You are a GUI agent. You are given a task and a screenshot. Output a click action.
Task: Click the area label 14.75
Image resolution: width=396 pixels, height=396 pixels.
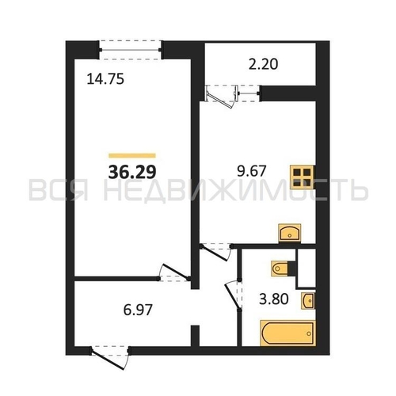(105, 79)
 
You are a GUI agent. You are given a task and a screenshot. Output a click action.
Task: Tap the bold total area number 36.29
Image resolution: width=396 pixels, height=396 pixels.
(132, 172)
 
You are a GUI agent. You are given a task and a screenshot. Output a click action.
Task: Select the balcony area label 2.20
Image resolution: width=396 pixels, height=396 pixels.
(263, 64)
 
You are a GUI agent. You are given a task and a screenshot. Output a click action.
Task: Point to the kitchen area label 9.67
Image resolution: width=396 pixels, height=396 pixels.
(251, 171)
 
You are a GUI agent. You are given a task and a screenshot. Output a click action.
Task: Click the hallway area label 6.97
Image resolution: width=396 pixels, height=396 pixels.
(138, 310)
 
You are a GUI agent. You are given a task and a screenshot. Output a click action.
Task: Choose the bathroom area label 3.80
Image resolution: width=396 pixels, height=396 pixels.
(273, 299)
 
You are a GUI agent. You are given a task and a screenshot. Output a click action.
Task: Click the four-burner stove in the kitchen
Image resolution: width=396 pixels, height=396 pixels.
(303, 177)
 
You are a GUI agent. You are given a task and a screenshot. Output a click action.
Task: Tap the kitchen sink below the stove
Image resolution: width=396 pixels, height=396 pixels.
(290, 232)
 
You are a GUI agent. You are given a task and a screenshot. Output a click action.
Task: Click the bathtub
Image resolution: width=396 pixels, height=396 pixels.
(287, 333)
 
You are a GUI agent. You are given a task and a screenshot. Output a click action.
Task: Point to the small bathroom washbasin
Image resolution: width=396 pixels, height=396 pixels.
(309, 300)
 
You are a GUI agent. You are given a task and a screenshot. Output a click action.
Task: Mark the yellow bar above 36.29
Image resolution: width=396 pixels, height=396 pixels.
(132, 155)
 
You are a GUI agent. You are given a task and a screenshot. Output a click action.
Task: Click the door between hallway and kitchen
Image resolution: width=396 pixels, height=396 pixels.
(215, 253)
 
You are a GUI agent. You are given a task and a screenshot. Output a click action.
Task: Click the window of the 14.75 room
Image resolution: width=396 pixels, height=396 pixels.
(130, 50)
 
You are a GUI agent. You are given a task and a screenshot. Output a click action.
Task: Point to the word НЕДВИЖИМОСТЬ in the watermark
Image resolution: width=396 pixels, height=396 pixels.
(235, 189)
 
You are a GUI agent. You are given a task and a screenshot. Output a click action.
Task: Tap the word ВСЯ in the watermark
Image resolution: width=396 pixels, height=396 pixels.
(59, 189)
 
